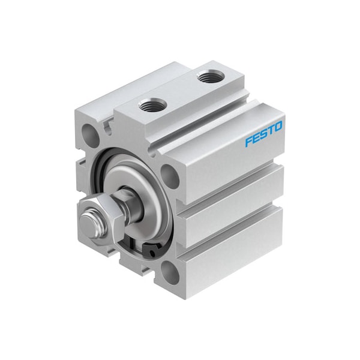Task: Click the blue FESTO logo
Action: click(265, 134)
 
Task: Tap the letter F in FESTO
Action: click(248, 142)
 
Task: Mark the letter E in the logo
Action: click(256, 139)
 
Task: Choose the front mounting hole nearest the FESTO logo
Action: click(170, 175)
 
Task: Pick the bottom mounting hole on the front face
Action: click(170, 274)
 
